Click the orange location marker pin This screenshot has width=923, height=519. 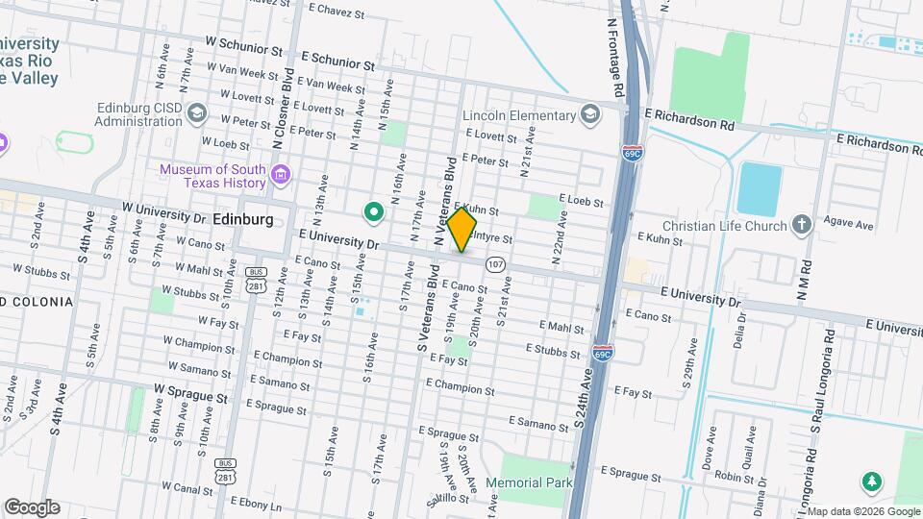462,230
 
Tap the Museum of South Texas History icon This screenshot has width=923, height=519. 281,175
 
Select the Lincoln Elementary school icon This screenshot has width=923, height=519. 591,115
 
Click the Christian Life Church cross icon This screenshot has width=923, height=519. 802,225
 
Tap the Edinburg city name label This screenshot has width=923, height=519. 242,219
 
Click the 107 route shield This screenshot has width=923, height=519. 495,263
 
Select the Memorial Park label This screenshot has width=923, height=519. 529,482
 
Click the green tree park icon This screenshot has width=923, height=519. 873,481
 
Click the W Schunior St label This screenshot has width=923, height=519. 244,47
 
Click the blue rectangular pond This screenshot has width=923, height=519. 761,189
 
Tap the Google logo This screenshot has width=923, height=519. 32,507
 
